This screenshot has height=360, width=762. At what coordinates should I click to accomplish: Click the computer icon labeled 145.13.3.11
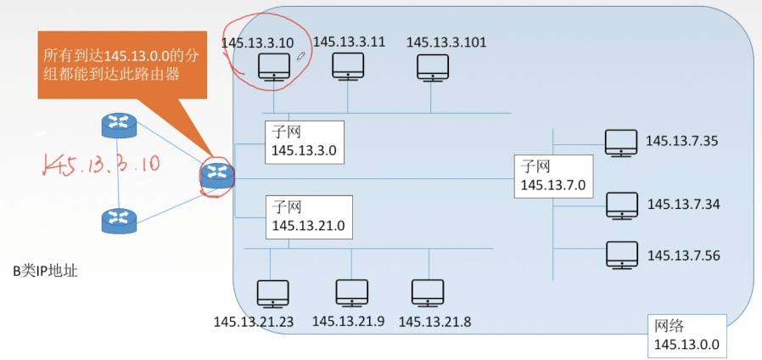pos(348,65)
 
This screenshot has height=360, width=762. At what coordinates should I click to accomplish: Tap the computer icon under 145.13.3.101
pos(433,67)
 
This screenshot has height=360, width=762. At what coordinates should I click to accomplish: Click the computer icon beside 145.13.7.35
pos(622,142)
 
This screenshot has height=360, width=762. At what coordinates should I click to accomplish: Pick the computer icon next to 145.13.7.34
pos(622,205)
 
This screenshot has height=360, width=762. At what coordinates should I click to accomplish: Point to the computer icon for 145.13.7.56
pos(622,254)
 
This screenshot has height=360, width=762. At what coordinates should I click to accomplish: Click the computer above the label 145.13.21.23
pos(273,293)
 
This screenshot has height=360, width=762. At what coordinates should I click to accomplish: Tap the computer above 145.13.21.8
pos(428,293)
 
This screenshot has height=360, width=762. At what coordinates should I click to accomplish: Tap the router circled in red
pos(217,174)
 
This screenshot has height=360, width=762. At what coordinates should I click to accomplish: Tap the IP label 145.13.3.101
pos(446,42)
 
